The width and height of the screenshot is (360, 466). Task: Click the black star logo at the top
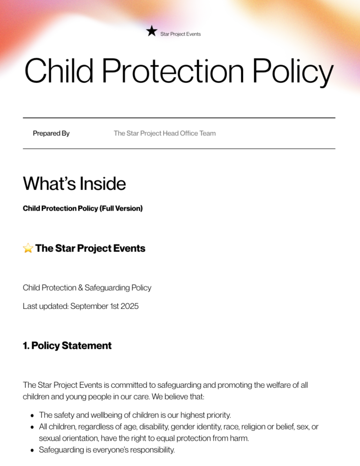[151, 31]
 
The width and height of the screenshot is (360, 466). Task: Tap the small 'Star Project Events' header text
[180, 34]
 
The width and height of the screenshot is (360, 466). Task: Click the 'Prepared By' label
[51, 133]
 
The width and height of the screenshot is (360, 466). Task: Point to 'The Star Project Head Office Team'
[165, 133]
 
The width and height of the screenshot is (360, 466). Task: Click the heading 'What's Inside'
[74, 183]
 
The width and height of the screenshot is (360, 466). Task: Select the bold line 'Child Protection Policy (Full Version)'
[82, 208]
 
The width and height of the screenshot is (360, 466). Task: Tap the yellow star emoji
[28, 248]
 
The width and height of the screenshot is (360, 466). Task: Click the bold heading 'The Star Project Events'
[90, 248]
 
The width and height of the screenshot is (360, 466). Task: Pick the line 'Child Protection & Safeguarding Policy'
[87, 287]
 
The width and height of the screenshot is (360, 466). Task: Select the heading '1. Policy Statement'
[67, 346]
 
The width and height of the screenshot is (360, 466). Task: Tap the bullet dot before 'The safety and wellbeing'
[31, 415]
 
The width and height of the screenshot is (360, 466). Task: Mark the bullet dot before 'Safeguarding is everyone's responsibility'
[31, 451]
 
